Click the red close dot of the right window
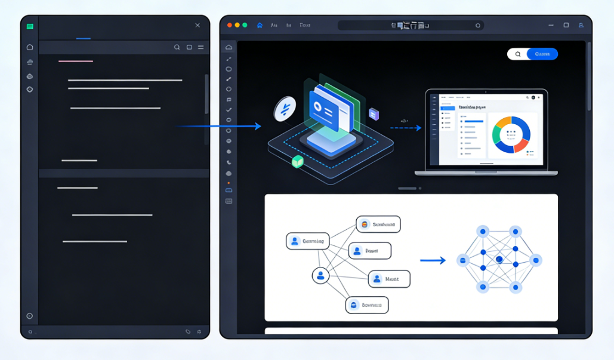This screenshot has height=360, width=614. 230,25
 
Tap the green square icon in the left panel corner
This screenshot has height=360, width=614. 30,26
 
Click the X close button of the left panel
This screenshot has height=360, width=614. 198,25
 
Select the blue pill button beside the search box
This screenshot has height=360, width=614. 542,54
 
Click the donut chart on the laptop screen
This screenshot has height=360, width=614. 511,134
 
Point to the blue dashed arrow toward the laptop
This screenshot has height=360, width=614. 405,127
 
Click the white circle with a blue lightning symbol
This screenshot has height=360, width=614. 285,109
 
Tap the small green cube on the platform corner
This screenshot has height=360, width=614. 297,161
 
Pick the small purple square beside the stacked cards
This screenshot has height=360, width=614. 374,114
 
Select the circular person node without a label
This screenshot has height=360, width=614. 320,275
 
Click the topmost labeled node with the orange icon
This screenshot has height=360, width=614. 378,224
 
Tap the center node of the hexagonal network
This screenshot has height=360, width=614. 499,260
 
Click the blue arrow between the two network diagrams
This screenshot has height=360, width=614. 433,260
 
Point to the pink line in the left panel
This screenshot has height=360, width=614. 76,61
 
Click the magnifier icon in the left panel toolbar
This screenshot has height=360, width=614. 177,47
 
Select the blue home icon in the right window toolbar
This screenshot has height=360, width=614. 260,26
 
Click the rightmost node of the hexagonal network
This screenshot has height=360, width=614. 535,260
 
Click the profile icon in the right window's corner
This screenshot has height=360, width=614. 581,26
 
